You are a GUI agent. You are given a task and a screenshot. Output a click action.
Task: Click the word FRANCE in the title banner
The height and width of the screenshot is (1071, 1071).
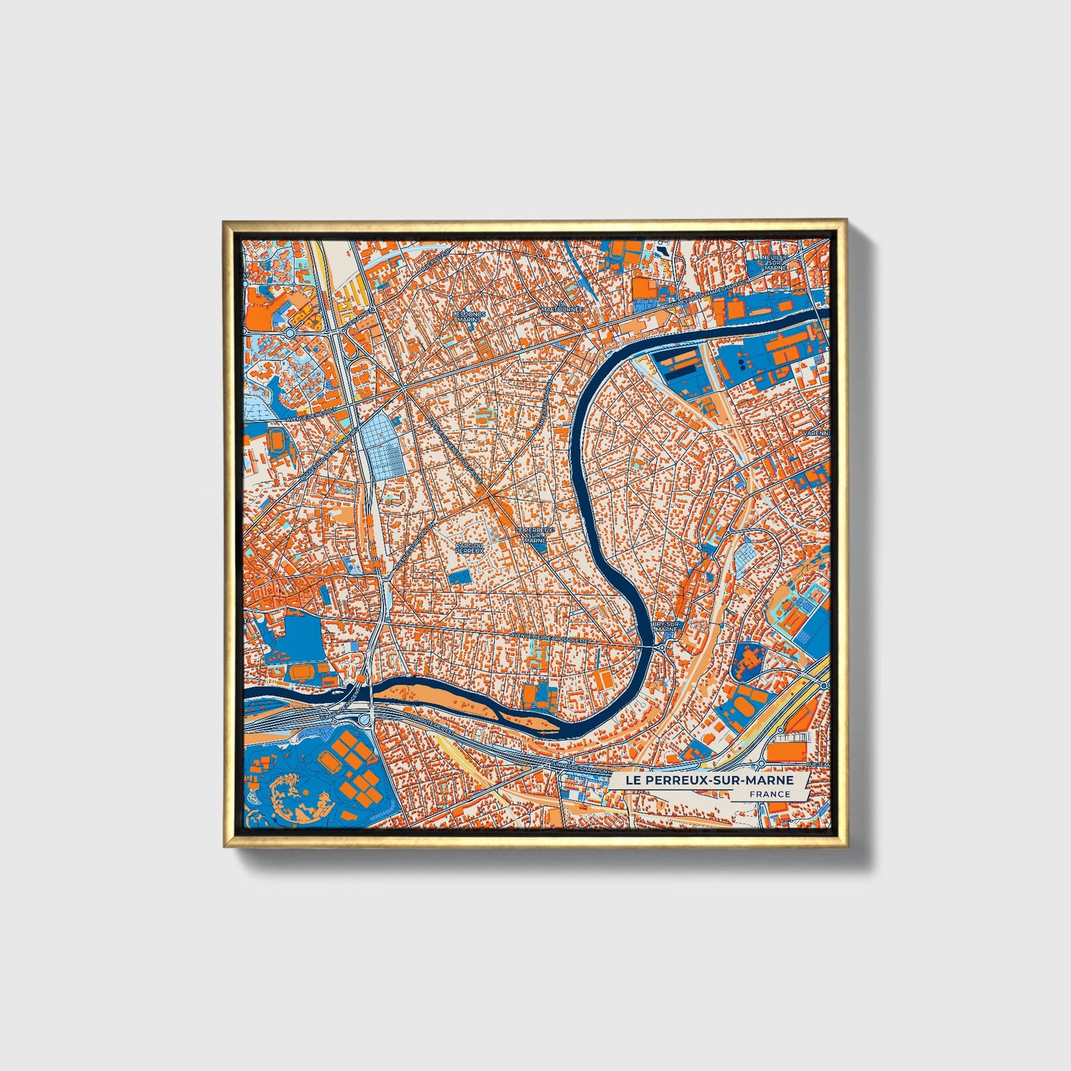(769, 795)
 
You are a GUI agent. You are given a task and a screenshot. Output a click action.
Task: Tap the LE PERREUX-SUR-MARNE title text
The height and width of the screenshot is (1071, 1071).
(709, 780)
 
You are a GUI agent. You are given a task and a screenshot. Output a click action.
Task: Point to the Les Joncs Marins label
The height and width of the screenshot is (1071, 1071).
(468, 316)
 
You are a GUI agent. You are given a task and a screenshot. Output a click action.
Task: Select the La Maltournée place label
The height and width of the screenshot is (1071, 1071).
(563, 308)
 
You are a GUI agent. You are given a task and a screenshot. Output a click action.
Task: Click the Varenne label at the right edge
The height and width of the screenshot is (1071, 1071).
(819, 434)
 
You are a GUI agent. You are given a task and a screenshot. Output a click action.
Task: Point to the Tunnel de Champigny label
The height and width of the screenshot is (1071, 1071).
(581, 769)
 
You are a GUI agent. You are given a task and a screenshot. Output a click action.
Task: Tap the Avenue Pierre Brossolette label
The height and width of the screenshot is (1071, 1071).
(549, 636)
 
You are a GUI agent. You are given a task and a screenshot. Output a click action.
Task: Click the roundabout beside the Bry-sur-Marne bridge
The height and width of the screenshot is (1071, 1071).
(662, 648)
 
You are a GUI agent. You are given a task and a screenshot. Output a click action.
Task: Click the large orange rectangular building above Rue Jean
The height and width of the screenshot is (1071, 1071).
(787, 752)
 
